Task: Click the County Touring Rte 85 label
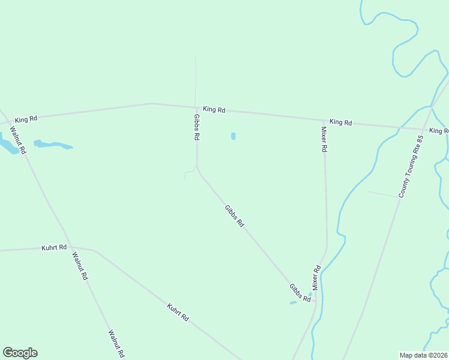pos(411,166)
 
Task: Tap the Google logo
pos(20,353)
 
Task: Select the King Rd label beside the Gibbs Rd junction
pos(214,110)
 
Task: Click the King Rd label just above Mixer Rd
pos(340,122)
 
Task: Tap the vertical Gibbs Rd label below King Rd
pos(196,127)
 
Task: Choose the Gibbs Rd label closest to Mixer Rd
pos(300,293)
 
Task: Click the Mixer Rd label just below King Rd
pos(324,139)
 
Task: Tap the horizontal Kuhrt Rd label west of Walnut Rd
pos(54,247)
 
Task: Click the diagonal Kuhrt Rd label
pos(178,313)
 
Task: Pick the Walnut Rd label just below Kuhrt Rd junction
pos(80,266)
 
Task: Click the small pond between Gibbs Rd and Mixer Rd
pos(233,136)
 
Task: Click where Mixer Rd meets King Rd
pos(324,120)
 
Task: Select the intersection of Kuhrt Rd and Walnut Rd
pos(70,247)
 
